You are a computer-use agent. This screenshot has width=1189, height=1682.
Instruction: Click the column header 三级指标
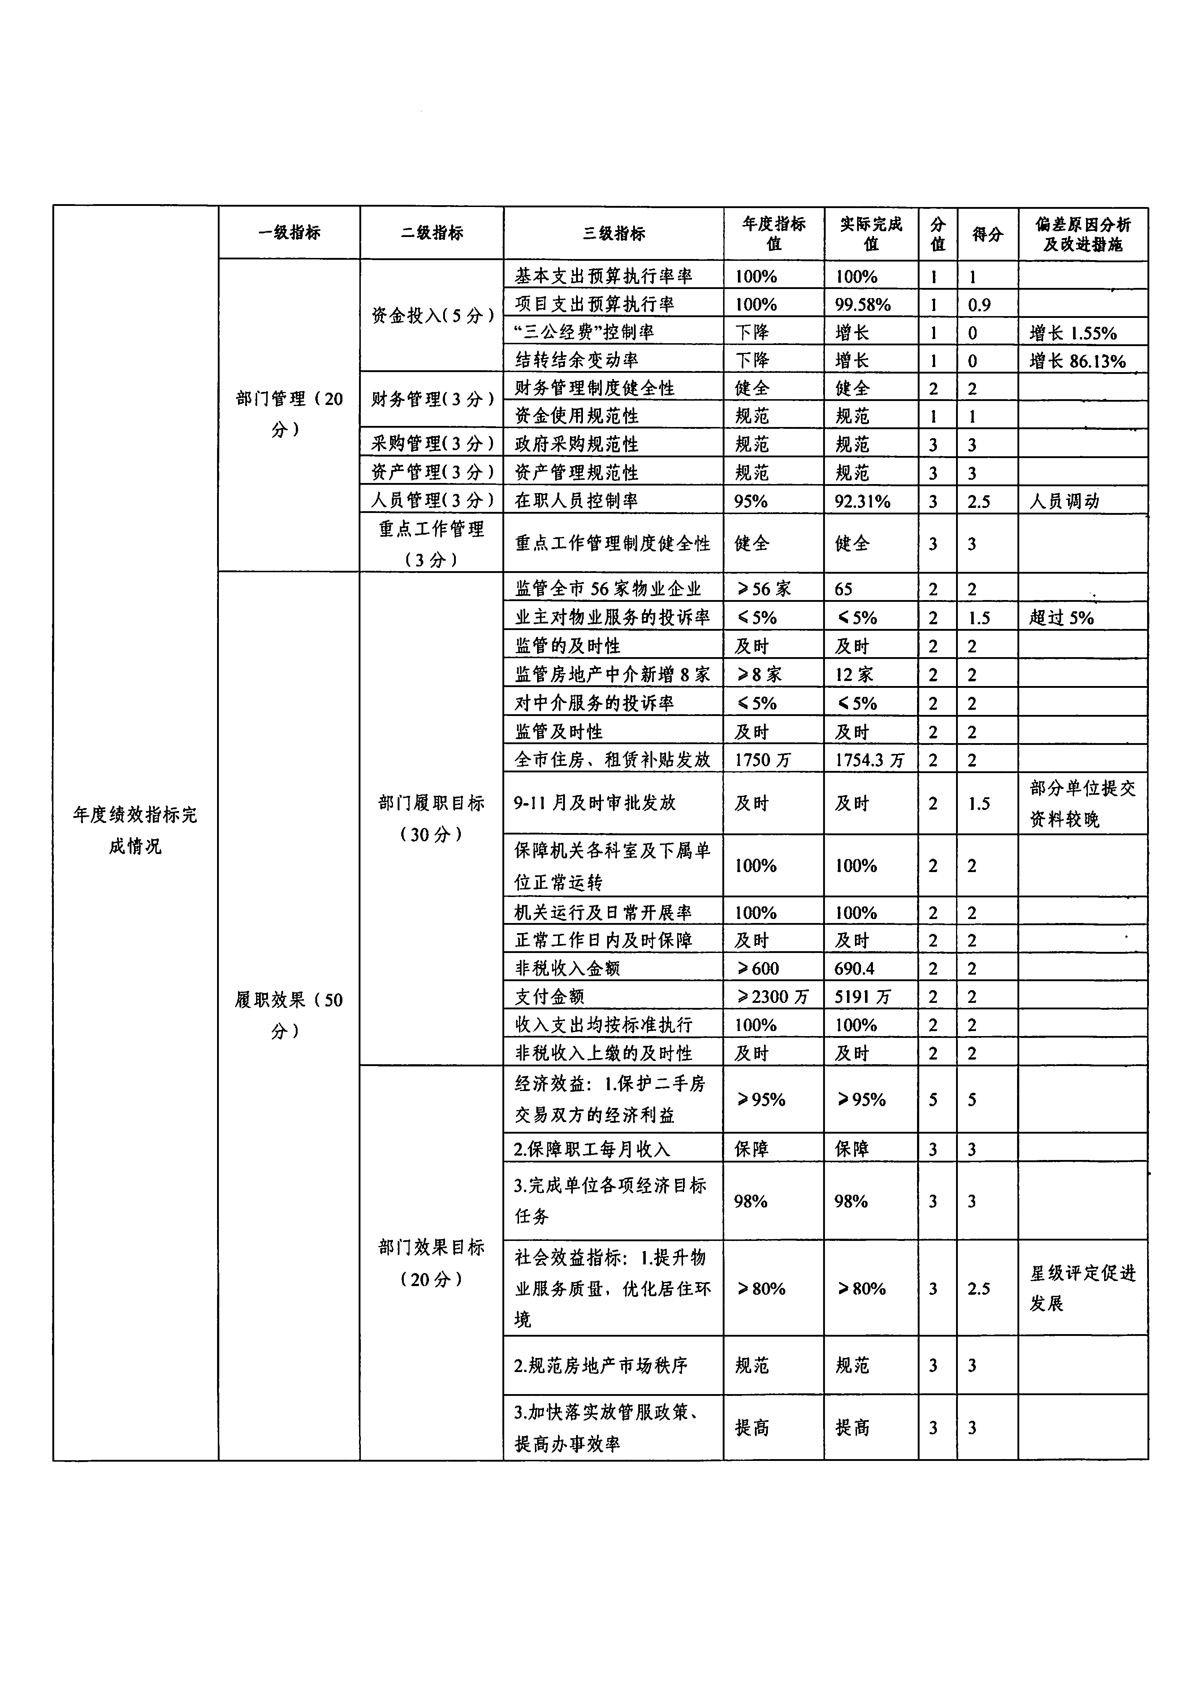pos(613,233)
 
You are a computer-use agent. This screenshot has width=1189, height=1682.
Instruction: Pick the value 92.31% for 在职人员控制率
pos(862,501)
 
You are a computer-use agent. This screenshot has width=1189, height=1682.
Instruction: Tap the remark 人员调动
pos(1064,501)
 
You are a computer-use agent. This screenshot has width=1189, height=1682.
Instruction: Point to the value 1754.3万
pos(870,760)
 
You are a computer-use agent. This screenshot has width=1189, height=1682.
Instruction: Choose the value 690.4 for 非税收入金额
pos(854,969)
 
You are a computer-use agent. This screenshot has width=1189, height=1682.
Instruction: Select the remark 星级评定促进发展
pos(1082,1288)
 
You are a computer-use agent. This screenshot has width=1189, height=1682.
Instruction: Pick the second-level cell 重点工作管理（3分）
pos(432,544)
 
